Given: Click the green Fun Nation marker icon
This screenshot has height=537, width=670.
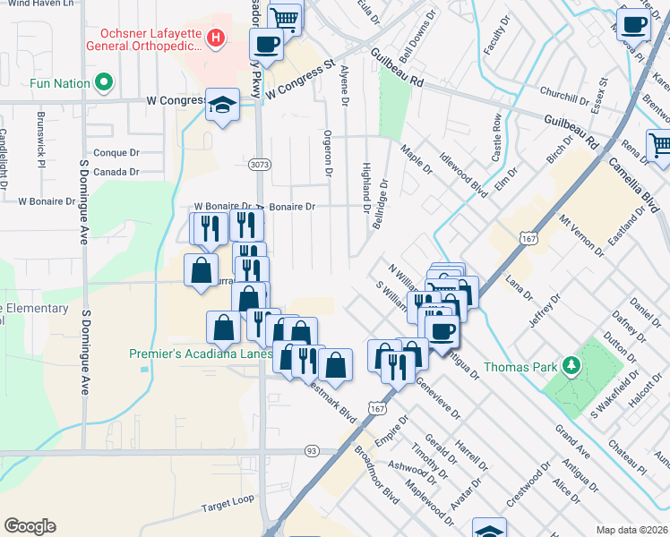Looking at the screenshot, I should click(x=104, y=84).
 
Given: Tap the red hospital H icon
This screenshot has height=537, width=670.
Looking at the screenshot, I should click(x=215, y=38).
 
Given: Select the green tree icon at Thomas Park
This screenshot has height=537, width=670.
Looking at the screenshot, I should click(x=570, y=366).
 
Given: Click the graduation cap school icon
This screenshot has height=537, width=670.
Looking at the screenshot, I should click(x=222, y=106).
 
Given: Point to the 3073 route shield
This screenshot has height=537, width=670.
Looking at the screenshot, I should click(x=258, y=165).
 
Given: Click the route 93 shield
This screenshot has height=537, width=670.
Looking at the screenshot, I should click(x=311, y=450).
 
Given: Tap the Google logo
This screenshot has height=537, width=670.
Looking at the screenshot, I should click(x=30, y=526).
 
